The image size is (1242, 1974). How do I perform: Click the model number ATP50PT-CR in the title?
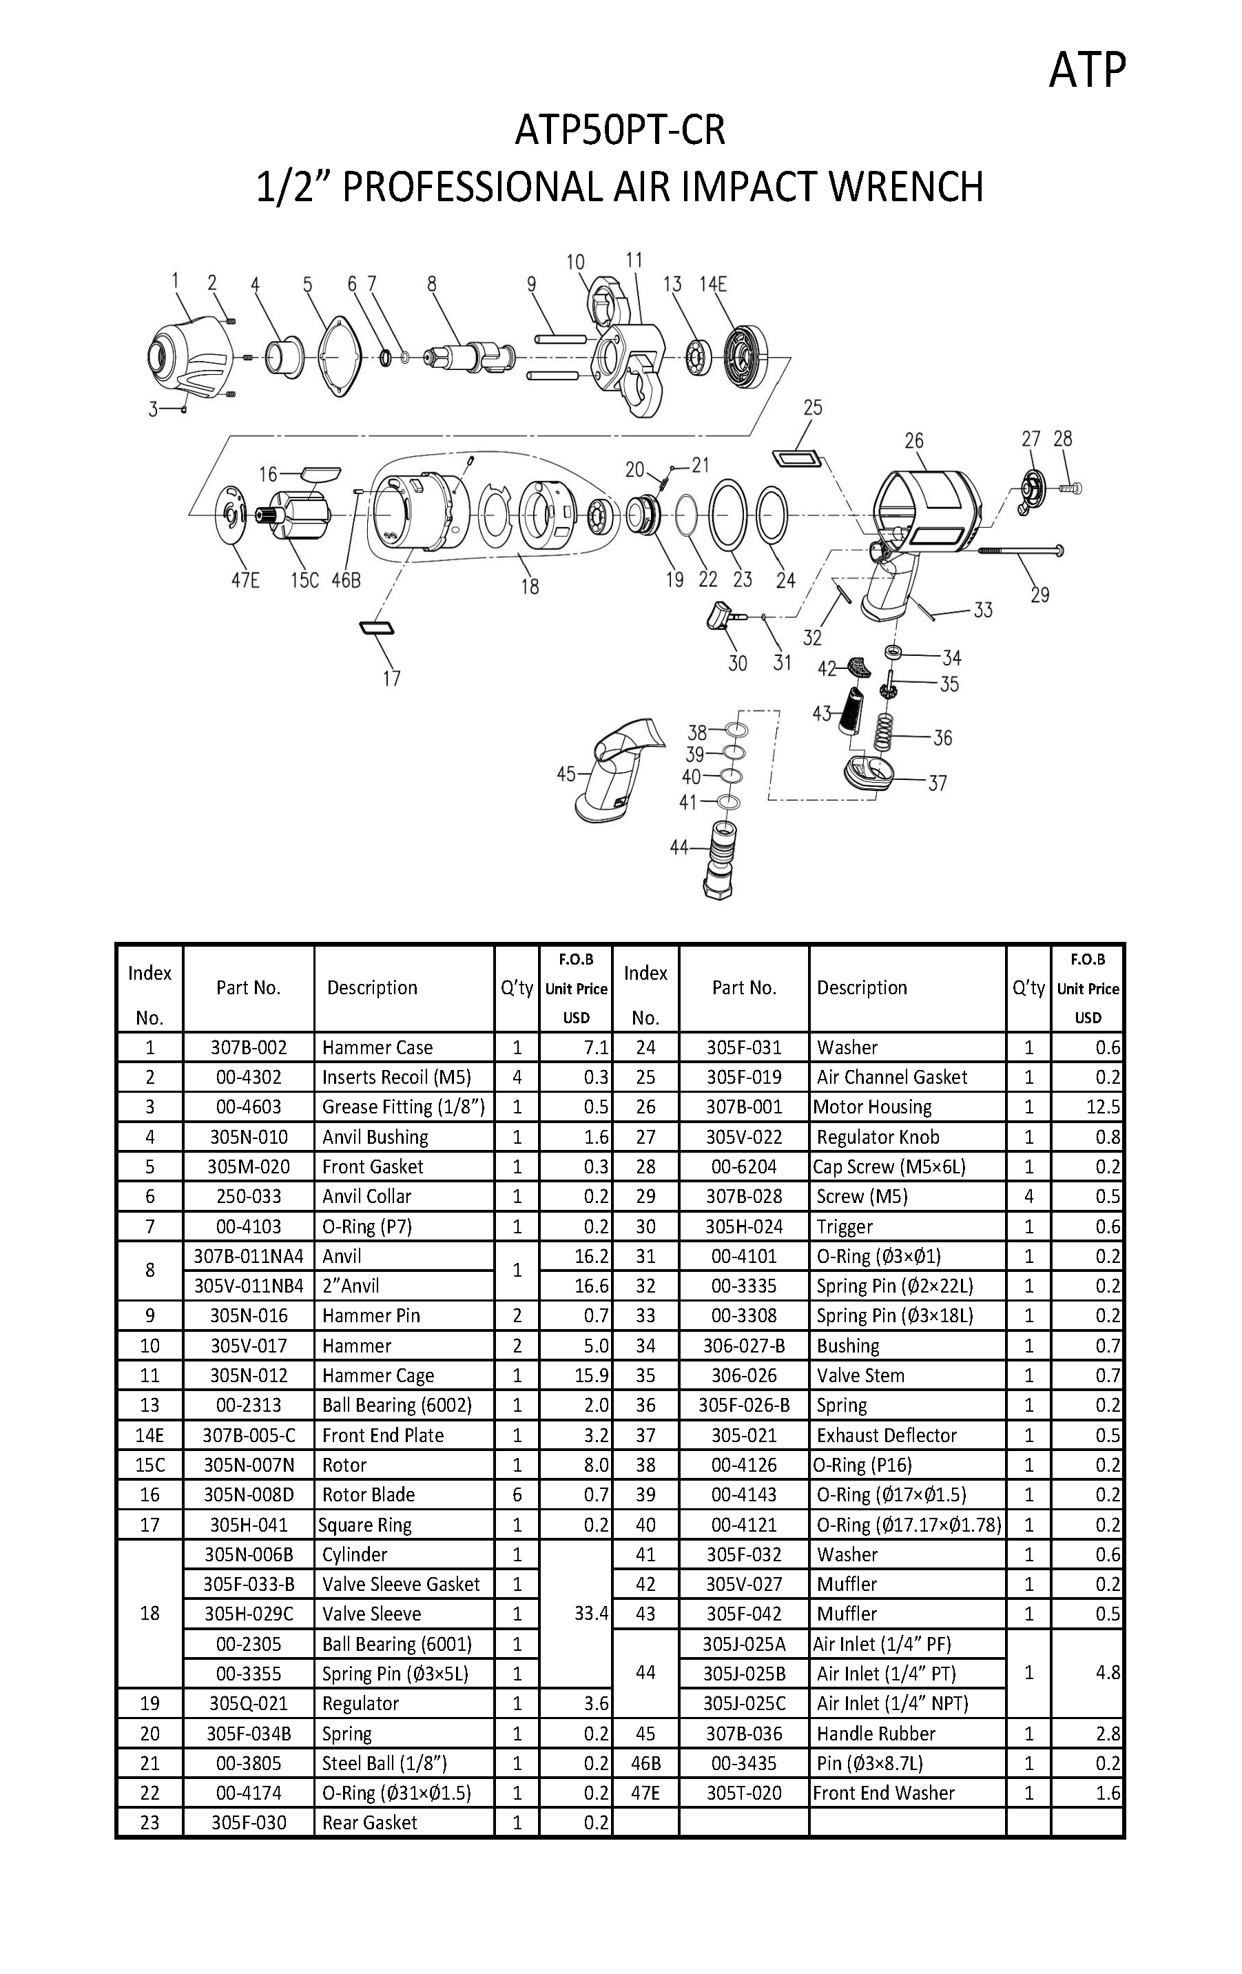(x=620, y=130)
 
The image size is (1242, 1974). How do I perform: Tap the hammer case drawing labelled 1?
(x=185, y=361)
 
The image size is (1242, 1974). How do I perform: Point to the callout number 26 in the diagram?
(x=913, y=441)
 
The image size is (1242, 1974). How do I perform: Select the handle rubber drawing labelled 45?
(x=620, y=766)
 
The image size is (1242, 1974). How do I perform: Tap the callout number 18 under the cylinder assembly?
(x=530, y=586)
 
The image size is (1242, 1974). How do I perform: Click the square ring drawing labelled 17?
(x=376, y=628)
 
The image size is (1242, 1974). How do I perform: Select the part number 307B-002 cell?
(x=249, y=1047)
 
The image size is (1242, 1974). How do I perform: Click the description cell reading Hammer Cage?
(x=378, y=1375)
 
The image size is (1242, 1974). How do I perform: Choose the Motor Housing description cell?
(x=872, y=1107)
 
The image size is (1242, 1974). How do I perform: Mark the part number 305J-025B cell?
(x=743, y=1673)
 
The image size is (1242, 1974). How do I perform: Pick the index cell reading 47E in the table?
(x=645, y=1793)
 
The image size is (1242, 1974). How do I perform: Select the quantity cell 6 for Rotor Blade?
(x=517, y=1494)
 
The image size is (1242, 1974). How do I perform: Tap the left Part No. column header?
(x=249, y=988)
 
